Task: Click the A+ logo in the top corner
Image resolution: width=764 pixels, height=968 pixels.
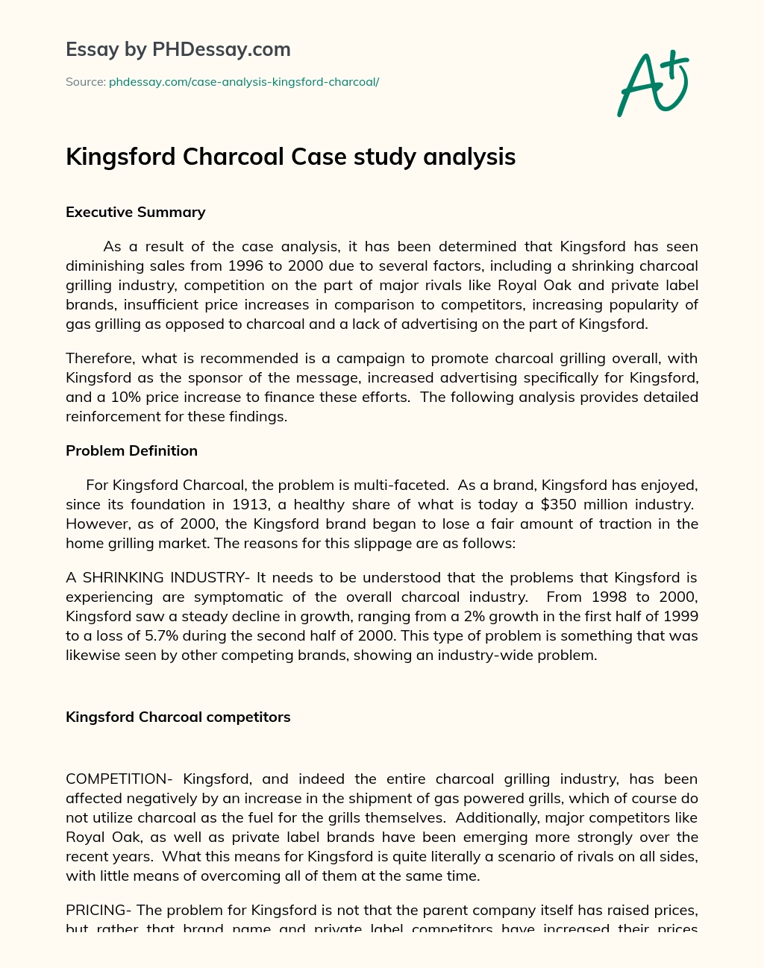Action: pos(653,83)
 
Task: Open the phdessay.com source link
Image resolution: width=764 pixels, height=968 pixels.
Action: pos(244,82)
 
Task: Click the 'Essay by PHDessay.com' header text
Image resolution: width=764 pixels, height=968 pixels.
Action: pos(178,50)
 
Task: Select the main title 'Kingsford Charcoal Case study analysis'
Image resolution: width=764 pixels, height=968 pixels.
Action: pos(291,157)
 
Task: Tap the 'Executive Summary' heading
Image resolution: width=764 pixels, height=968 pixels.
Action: pos(136,213)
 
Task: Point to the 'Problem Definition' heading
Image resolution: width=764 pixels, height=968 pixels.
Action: pos(132,451)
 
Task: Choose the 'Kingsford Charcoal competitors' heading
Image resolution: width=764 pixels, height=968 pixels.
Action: pos(178,717)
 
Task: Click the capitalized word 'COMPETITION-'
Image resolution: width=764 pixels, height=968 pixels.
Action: pos(119,779)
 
